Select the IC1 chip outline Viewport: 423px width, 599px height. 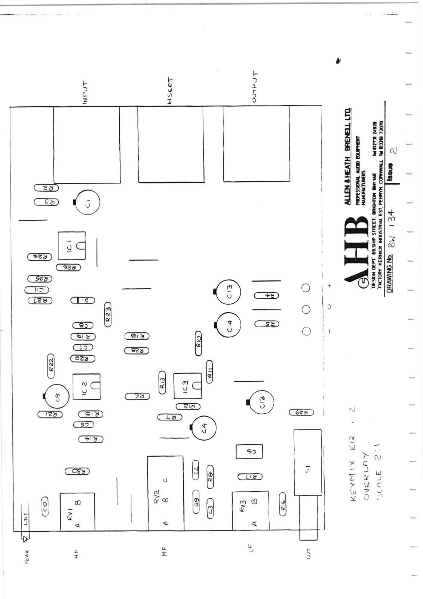tap(71, 246)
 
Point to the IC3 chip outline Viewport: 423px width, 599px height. tap(187, 386)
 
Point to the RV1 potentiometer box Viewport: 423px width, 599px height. tap(77, 511)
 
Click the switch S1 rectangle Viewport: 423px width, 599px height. tap(307, 462)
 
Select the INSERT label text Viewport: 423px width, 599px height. tap(170, 90)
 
